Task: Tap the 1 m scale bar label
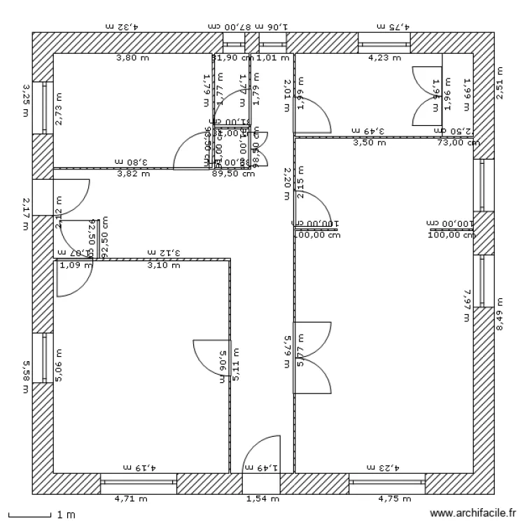[x=66, y=515]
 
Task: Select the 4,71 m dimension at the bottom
[x=131, y=499]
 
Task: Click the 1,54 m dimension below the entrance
[x=262, y=499]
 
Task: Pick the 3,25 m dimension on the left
[x=26, y=99]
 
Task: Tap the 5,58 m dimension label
[x=26, y=377]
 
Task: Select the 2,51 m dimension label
[x=499, y=83]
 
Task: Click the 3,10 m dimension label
[x=164, y=265]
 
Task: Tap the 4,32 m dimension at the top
[x=122, y=26]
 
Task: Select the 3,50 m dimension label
[x=369, y=142]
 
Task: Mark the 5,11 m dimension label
[x=236, y=363]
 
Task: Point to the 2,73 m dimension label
[x=58, y=109]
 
